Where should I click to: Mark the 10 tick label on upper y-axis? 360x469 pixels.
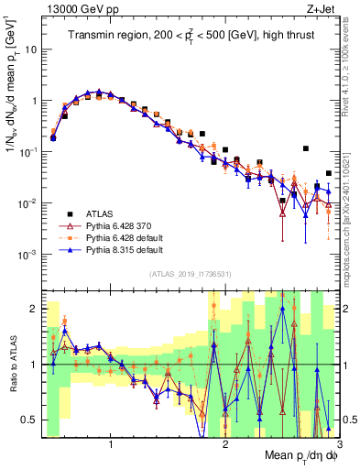(31, 49)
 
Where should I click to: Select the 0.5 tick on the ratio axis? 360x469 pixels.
(30, 420)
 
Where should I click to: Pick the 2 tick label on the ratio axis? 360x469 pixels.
(34, 309)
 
